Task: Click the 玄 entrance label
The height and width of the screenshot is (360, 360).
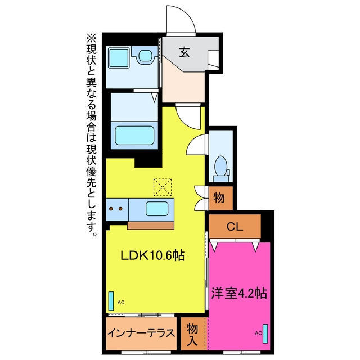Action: (184, 52)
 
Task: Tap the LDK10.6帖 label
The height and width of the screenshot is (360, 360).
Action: (153, 255)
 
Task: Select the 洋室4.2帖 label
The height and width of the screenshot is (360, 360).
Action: (239, 293)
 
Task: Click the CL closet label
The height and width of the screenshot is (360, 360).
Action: (235, 227)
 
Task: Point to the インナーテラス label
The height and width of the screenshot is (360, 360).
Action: (141, 333)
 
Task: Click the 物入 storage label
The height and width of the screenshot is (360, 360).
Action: (192, 334)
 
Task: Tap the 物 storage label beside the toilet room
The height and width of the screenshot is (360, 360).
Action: (219, 197)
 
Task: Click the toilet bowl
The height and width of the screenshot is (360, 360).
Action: (221, 166)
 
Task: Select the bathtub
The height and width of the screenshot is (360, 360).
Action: (134, 136)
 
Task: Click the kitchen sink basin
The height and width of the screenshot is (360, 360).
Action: (157, 209)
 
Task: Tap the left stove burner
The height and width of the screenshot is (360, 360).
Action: (111, 209)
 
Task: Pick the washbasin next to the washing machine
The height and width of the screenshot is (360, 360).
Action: (145, 55)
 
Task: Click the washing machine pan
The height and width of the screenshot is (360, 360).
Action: (119, 58)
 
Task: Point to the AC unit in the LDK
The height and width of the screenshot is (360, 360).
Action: (111, 301)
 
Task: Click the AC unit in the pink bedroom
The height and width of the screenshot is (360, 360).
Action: (265, 334)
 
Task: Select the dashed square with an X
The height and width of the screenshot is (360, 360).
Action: (163, 187)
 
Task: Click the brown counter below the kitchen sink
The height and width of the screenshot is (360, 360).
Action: (151, 226)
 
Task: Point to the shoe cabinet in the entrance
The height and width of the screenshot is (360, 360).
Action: (213, 60)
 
